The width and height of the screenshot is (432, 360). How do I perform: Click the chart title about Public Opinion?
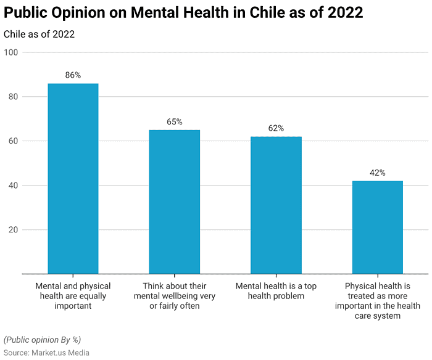tap(183, 12)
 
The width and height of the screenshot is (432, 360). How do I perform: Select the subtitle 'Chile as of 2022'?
tap(39, 34)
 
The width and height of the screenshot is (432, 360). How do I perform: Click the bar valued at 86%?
tap(73, 178)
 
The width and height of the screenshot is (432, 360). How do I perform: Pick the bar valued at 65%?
tap(175, 202)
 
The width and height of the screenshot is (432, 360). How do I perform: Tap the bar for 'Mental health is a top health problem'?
tap(276, 205)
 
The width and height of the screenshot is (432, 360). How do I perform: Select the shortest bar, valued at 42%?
tap(377, 227)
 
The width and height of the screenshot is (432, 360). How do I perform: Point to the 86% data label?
tap(73, 75)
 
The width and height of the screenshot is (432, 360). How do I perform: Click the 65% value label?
tap(175, 121)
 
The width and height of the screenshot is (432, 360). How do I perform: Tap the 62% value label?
tap(276, 128)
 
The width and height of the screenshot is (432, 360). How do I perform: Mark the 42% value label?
tap(377, 173)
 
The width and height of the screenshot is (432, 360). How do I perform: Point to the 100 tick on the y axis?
tap(10, 52)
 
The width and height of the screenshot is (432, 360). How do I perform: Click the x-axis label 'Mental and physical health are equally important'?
tap(73, 296)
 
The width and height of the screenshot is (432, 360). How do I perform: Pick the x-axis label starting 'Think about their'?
tap(175, 296)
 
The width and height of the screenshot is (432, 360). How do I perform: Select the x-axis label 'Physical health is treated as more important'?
tap(377, 301)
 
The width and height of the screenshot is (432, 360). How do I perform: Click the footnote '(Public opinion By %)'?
tap(42, 340)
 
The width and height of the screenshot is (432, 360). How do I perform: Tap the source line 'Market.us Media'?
tap(46, 353)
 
